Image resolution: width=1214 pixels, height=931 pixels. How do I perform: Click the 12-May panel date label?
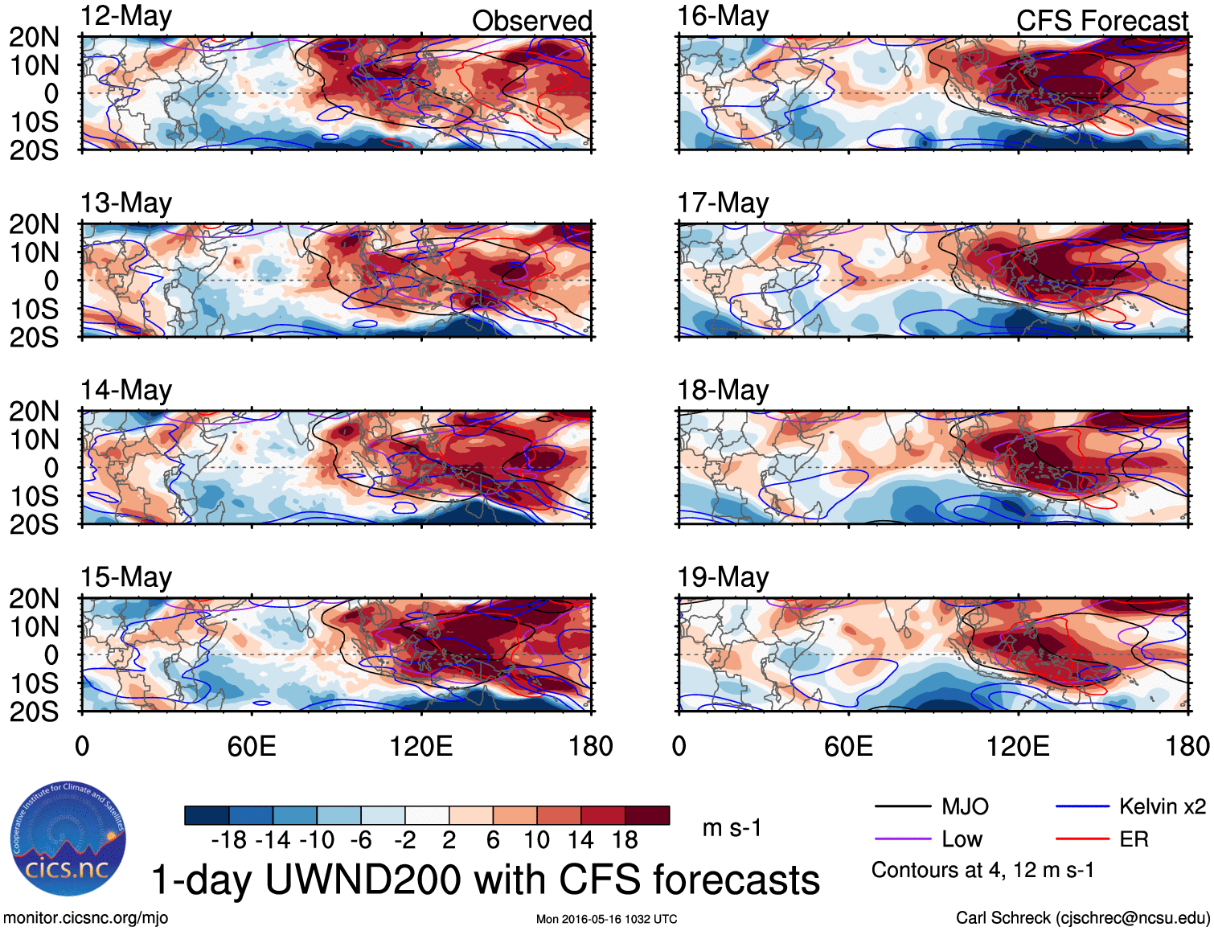click(126, 16)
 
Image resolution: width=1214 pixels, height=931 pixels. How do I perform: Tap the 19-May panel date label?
click(723, 577)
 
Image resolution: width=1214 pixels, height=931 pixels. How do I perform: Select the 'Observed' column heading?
click(531, 21)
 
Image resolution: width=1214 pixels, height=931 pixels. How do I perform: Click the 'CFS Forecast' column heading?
click(1101, 21)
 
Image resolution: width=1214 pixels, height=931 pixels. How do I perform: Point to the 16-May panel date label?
click(723, 16)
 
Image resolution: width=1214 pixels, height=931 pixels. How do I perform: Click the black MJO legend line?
click(902, 806)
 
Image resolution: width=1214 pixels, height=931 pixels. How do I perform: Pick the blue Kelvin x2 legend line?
click(1082, 806)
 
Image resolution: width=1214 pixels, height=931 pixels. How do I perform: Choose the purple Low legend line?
click(902, 839)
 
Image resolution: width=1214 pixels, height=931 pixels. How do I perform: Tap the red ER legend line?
click(1082, 839)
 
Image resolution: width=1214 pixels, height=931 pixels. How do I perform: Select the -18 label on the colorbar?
click(229, 840)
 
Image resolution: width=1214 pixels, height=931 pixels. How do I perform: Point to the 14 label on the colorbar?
click(580, 840)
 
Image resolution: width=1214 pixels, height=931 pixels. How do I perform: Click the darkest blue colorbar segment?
click(207, 815)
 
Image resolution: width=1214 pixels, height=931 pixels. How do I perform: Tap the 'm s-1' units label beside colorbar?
click(732, 827)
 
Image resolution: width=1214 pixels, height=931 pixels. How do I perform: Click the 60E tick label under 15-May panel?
click(252, 746)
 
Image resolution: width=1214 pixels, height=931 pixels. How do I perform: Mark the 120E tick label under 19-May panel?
click(1018, 746)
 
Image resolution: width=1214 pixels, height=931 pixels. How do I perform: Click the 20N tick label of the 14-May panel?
click(34, 412)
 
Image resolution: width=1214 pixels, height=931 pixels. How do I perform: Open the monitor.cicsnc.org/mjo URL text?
click(86, 918)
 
